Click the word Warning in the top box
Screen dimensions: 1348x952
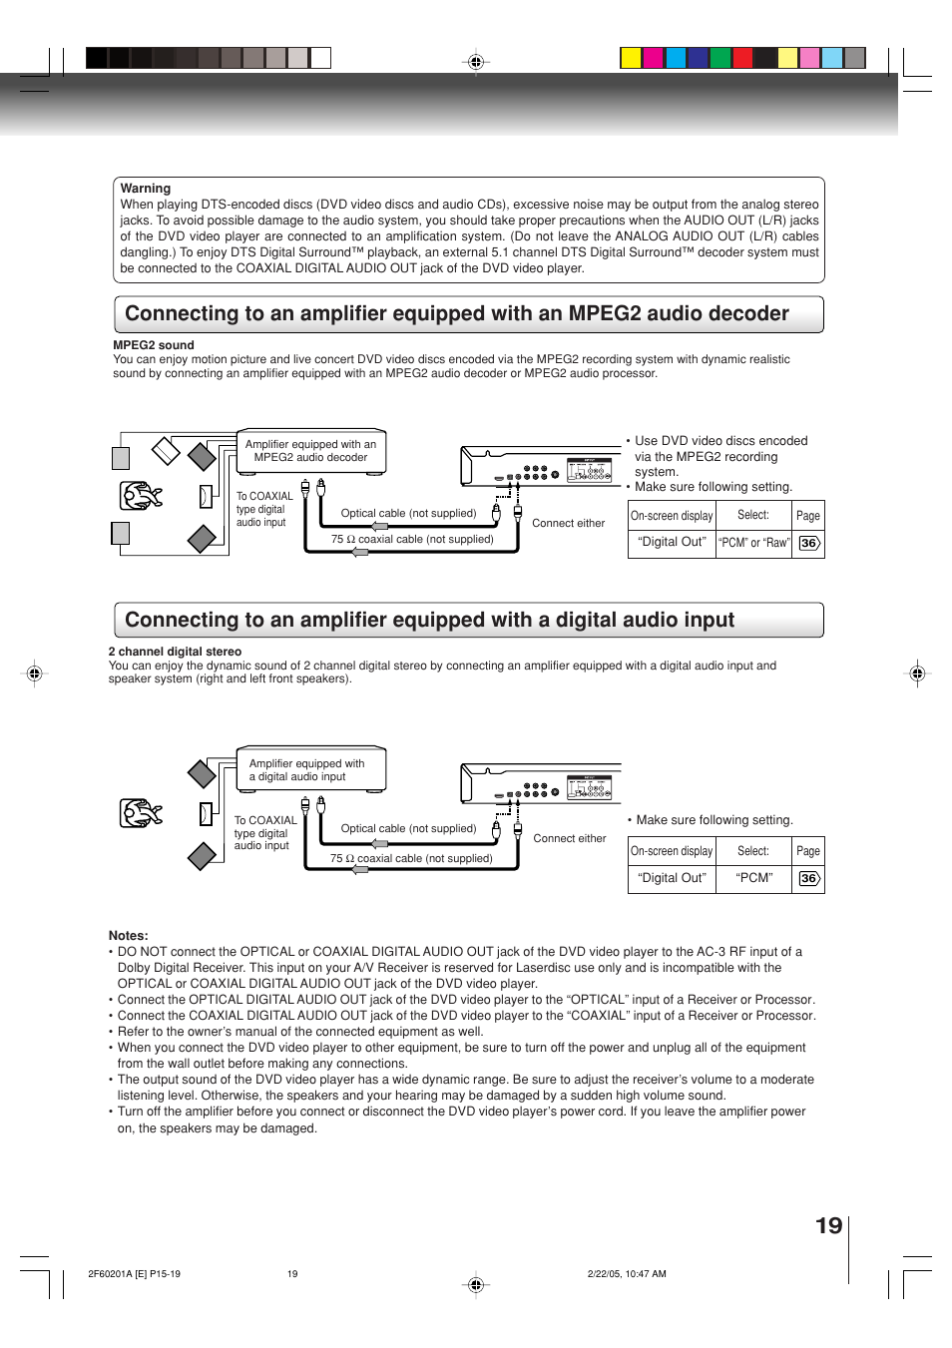click(146, 189)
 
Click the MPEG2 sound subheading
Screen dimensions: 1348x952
click(154, 345)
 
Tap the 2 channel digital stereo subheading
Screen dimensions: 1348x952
click(175, 652)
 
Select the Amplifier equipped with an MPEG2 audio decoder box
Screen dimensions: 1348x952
click(310, 451)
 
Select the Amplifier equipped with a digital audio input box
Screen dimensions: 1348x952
click(309, 769)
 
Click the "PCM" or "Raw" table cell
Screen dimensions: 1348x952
click(753, 543)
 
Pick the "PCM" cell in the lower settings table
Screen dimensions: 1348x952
click(753, 878)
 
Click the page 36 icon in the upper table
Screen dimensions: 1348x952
click(808, 543)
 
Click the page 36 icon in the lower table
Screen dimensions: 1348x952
click(808, 878)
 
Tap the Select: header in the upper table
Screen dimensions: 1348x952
click(753, 515)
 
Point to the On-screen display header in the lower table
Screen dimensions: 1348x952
click(672, 851)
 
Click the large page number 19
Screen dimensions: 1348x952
click(828, 1226)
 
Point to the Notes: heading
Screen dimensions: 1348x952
click(129, 936)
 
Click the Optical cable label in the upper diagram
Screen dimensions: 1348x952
click(408, 513)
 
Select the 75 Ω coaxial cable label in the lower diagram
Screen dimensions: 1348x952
click(411, 858)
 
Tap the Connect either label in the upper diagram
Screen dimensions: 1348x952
click(568, 523)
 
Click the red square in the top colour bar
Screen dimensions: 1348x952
click(742, 58)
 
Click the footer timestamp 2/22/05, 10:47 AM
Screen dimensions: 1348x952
click(627, 1274)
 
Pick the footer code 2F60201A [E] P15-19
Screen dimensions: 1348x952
click(134, 1274)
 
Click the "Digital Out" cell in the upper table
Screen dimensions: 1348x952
click(672, 542)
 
